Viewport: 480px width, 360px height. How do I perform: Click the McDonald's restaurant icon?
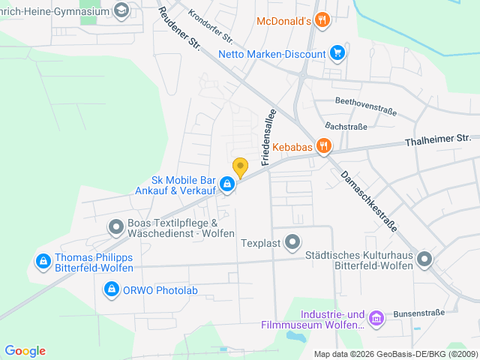(x=322, y=20)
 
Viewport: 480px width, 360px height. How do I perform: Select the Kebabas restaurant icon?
(x=324, y=145)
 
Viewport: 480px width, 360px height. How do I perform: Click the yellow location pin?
(x=240, y=167)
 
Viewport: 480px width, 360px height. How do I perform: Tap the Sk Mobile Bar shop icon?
(x=226, y=184)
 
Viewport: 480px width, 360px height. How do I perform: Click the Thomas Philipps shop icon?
(x=43, y=262)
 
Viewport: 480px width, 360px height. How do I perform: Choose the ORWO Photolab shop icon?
(x=112, y=289)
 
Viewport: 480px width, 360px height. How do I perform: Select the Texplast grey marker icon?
(x=293, y=242)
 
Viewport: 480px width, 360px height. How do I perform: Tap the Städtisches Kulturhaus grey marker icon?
(x=425, y=260)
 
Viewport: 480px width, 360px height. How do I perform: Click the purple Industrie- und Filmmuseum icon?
(x=376, y=319)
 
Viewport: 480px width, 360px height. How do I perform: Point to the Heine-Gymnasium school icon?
(x=121, y=10)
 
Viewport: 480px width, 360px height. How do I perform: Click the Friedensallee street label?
(x=266, y=136)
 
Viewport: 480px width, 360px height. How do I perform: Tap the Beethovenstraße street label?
(x=365, y=110)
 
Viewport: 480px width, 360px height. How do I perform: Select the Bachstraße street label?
(x=346, y=127)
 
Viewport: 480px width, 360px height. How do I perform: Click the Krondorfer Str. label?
(x=211, y=26)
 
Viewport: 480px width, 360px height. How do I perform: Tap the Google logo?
(x=25, y=351)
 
